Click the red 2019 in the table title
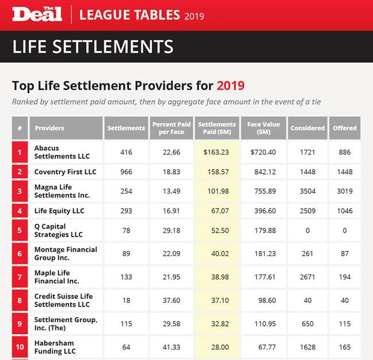230,86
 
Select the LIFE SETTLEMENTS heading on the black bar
93,46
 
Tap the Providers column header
50,128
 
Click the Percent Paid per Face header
172,128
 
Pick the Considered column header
307,128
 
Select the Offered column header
345,128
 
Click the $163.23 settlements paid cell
216,152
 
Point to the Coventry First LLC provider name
65,172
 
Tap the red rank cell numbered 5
20,230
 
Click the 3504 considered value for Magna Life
307,191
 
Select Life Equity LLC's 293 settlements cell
126,211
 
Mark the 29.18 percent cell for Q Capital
172,230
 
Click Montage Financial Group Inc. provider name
66,253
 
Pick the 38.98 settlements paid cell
216,277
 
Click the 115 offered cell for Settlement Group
345,324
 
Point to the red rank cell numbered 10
20,347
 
